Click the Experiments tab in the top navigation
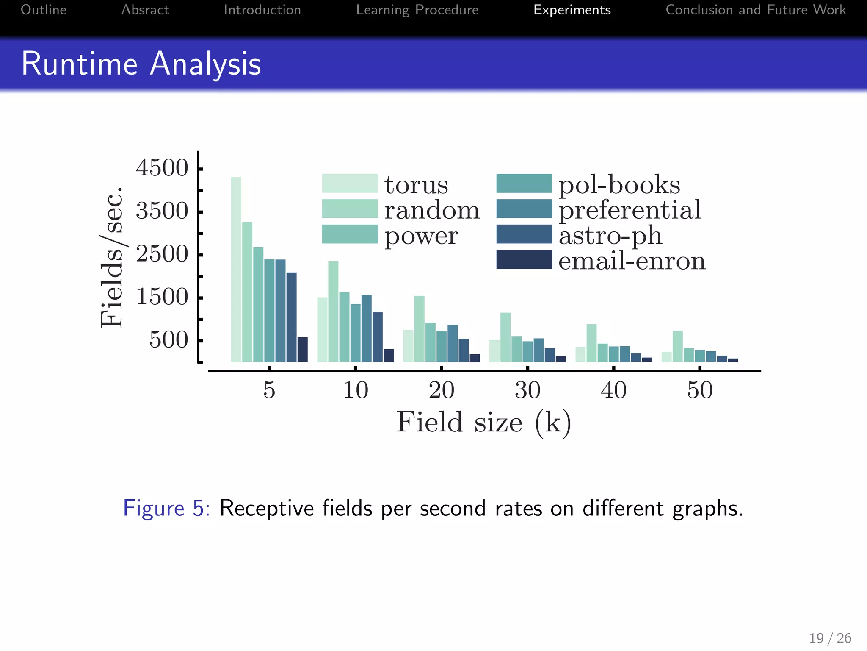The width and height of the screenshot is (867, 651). (x=572, y=10)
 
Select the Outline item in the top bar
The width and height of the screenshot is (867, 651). (x=44, y=10)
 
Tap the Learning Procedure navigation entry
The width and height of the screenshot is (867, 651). (x=417, y=10)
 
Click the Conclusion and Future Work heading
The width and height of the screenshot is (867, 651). (x=756, y=10)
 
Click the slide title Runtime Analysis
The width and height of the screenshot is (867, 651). (x=141, y=64)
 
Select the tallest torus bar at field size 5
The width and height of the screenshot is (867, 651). (x=236, y=269)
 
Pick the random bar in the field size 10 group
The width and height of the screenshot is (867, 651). (x=333, y=311)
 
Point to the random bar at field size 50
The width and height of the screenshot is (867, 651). (x=677, y=346)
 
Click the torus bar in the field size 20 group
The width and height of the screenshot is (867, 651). (x=408, y=345)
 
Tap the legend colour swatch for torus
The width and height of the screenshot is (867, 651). (x=349, y=183)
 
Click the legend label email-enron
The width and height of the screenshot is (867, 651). (x=632, y=261)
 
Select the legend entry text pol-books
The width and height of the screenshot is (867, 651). (x=619, y=185)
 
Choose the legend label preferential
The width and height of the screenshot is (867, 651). (x=630, y=210)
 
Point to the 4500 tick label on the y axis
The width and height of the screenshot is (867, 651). (x=162, y=168)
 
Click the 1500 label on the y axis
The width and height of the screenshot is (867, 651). (x=162, y=297)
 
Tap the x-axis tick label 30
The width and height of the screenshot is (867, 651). (x=527, y=390)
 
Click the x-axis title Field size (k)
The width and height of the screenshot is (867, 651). (x=483, y=422)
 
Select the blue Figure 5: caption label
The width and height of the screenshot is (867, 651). (x=166, y=508)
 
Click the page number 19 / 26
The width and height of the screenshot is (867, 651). (x=830, y=638)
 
